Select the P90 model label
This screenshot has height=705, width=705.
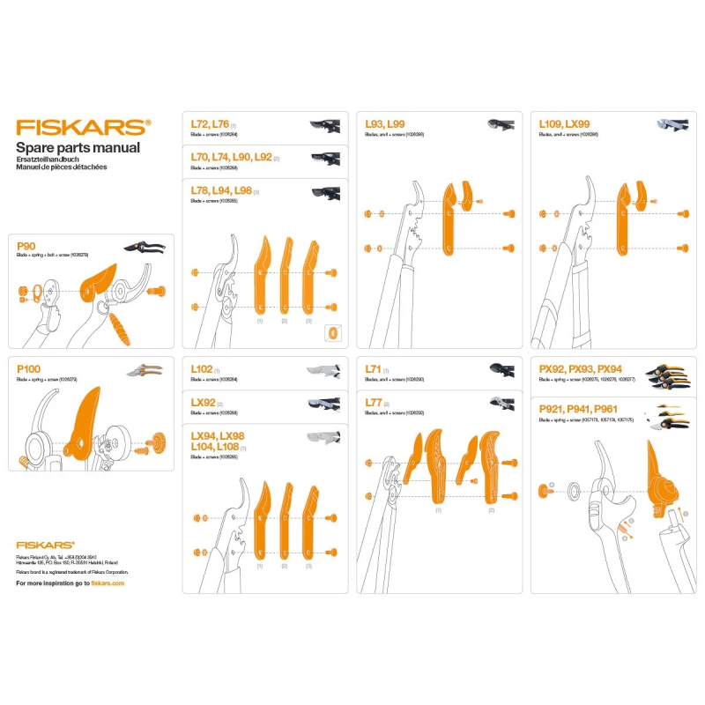(x=26, y=246)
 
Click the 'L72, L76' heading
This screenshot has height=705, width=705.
(x=210, y=125)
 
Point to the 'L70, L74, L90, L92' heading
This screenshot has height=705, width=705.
(x=231, y=157)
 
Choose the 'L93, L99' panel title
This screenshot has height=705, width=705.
(x=384, y=125)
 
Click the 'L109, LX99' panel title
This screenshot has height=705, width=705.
(x=564, y=125)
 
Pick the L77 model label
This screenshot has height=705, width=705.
(x=373, y=403)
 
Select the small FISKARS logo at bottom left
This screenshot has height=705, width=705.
(x=45, y=545)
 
